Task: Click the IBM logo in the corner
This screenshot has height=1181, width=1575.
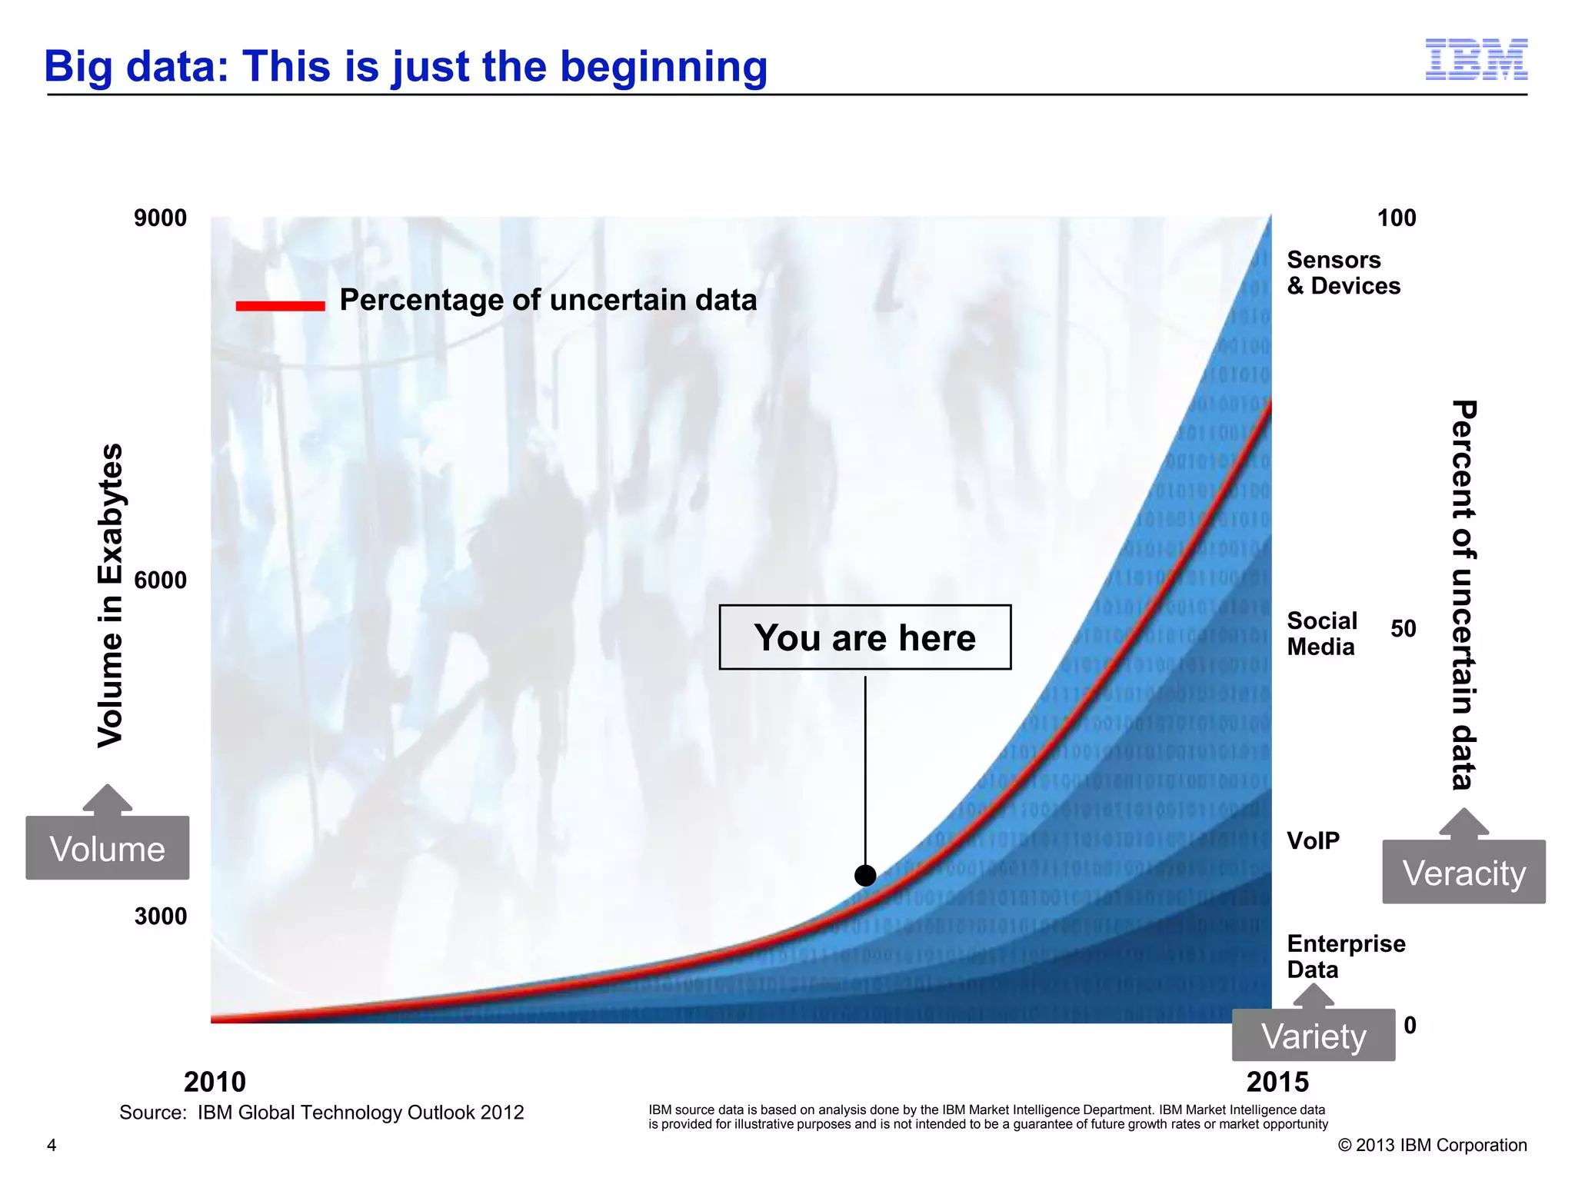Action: [1476, 60]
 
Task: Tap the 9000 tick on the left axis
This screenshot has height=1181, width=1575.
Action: [160, 218]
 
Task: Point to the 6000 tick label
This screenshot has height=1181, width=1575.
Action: [160, 580]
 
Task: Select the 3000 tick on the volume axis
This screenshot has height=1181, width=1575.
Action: [160, 917]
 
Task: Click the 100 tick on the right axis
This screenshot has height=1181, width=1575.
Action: [1396, 218]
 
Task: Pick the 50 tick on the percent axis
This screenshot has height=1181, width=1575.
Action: [1403, 629]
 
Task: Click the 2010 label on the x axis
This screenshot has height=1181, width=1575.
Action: [215, 1082]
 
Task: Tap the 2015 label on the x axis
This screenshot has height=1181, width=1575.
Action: [1277, 1082]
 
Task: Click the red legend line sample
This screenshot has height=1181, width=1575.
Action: [280, 305]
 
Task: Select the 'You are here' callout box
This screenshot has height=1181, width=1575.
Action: [864, 637]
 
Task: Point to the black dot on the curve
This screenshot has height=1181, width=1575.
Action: [865, 875]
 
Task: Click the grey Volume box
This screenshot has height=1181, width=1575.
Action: [108, 848]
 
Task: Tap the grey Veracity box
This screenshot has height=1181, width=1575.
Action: [1463, 872]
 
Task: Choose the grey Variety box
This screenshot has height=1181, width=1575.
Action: [1314, 1036]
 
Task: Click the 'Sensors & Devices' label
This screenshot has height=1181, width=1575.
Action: [1343, 273]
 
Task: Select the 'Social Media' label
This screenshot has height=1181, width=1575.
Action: [1321, 634]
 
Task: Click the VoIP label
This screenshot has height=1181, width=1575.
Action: [1313, 840]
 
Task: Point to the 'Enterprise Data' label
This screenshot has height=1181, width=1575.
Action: [1345, 956]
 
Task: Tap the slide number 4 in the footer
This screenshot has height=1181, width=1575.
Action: [52, 1146]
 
